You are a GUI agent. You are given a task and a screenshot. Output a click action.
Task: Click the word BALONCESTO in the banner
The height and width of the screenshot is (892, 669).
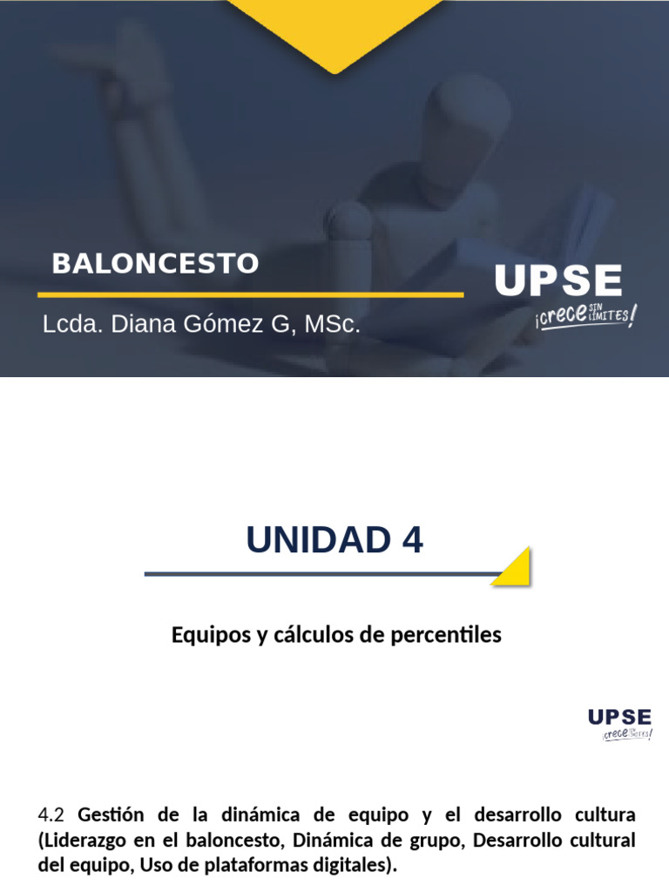coord(155,263)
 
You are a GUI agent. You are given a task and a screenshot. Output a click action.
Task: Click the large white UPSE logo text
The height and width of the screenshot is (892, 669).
coord(558,281)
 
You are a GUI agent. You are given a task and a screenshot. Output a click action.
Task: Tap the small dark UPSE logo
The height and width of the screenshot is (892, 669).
coord(619,717)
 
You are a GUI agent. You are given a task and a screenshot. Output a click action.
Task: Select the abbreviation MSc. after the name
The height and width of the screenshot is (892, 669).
coord(332,325)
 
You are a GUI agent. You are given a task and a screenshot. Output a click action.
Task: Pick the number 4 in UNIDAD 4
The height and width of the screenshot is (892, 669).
coord(412,540)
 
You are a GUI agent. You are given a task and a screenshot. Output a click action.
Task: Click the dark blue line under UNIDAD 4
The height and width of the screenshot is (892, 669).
coord(322,574)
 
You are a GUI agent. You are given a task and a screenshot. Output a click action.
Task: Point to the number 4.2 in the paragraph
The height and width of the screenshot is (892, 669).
coord(52,816)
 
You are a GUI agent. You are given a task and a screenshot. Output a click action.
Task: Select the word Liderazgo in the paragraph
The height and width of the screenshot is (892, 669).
coord(82,841)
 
